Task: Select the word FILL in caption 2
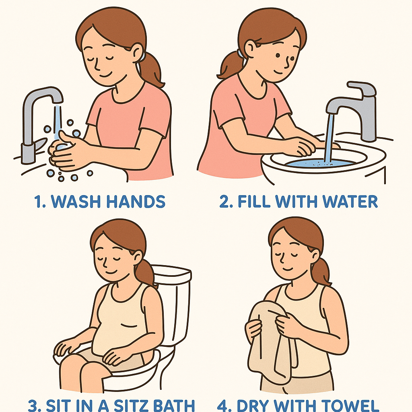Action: pos(253,202)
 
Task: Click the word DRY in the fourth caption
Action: pos(252,406)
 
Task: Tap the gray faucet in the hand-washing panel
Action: pos(39,124)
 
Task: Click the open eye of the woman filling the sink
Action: pos(278,55)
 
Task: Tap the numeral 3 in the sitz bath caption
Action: pos(33,406)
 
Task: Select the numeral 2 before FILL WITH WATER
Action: pos(224,202)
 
